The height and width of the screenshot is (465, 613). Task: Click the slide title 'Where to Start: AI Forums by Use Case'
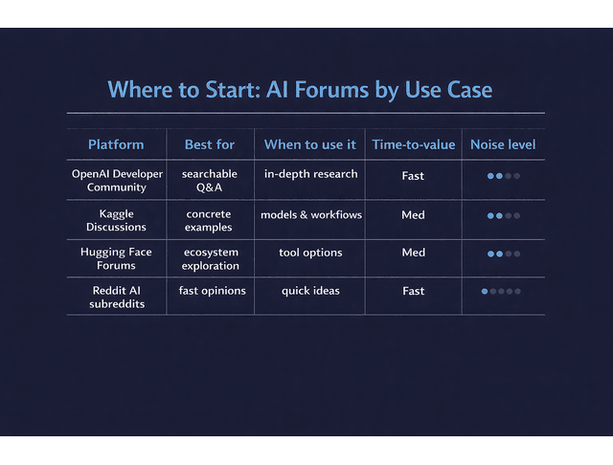[300, 90]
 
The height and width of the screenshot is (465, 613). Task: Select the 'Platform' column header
[116, 144]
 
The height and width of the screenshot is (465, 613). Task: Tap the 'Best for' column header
[210, 144]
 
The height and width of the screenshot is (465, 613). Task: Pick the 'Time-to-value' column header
[414, 144]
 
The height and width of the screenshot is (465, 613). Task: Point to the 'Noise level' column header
[503, 144]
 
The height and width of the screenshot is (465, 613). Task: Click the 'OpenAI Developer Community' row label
[117, 181]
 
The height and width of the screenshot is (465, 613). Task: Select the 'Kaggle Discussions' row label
[116, 221]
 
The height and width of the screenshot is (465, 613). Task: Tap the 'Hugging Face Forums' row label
[116, 259]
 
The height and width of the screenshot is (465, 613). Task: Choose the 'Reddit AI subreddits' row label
[116, 298]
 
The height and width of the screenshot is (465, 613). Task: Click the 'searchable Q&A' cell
[210, 181]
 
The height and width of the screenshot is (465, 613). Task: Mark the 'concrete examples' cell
[209, 221]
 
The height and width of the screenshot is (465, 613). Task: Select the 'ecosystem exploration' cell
[210, 259]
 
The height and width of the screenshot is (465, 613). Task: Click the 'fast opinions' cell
[212, 291]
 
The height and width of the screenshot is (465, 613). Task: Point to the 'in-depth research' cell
[311, 174]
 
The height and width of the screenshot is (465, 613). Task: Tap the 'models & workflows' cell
[311, 215]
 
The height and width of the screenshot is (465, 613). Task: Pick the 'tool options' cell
[310, 253]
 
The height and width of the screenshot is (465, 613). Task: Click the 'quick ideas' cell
[310, 291]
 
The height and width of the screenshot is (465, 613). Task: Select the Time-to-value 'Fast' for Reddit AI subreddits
[414, 291]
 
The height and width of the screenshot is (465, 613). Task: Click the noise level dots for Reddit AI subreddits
[501, 291]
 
